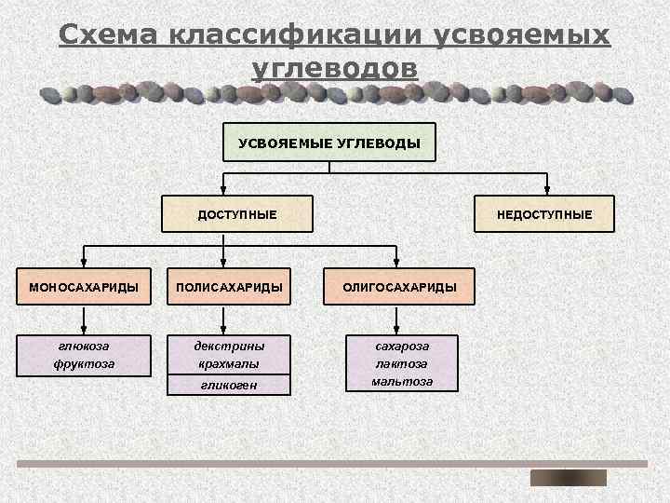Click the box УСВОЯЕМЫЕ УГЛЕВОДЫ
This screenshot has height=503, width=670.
(x=329, y=143)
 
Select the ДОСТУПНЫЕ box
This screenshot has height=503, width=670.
(x=236, y=215)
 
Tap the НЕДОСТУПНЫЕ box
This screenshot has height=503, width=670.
(x=544, y=215)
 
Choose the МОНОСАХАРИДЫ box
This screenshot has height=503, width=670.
(x=84, y=287)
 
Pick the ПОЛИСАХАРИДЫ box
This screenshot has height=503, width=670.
(x=227, y=287)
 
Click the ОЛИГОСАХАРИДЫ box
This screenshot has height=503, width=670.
(x=399, y=287)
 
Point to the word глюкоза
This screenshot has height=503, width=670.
(x=84, y=346)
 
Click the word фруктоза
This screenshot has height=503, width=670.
(x=84, y=363)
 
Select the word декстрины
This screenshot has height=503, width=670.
(x=228, y=346)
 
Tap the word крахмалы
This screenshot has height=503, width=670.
(x=228, y=363)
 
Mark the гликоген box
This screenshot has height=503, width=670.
(x=228, y=385)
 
